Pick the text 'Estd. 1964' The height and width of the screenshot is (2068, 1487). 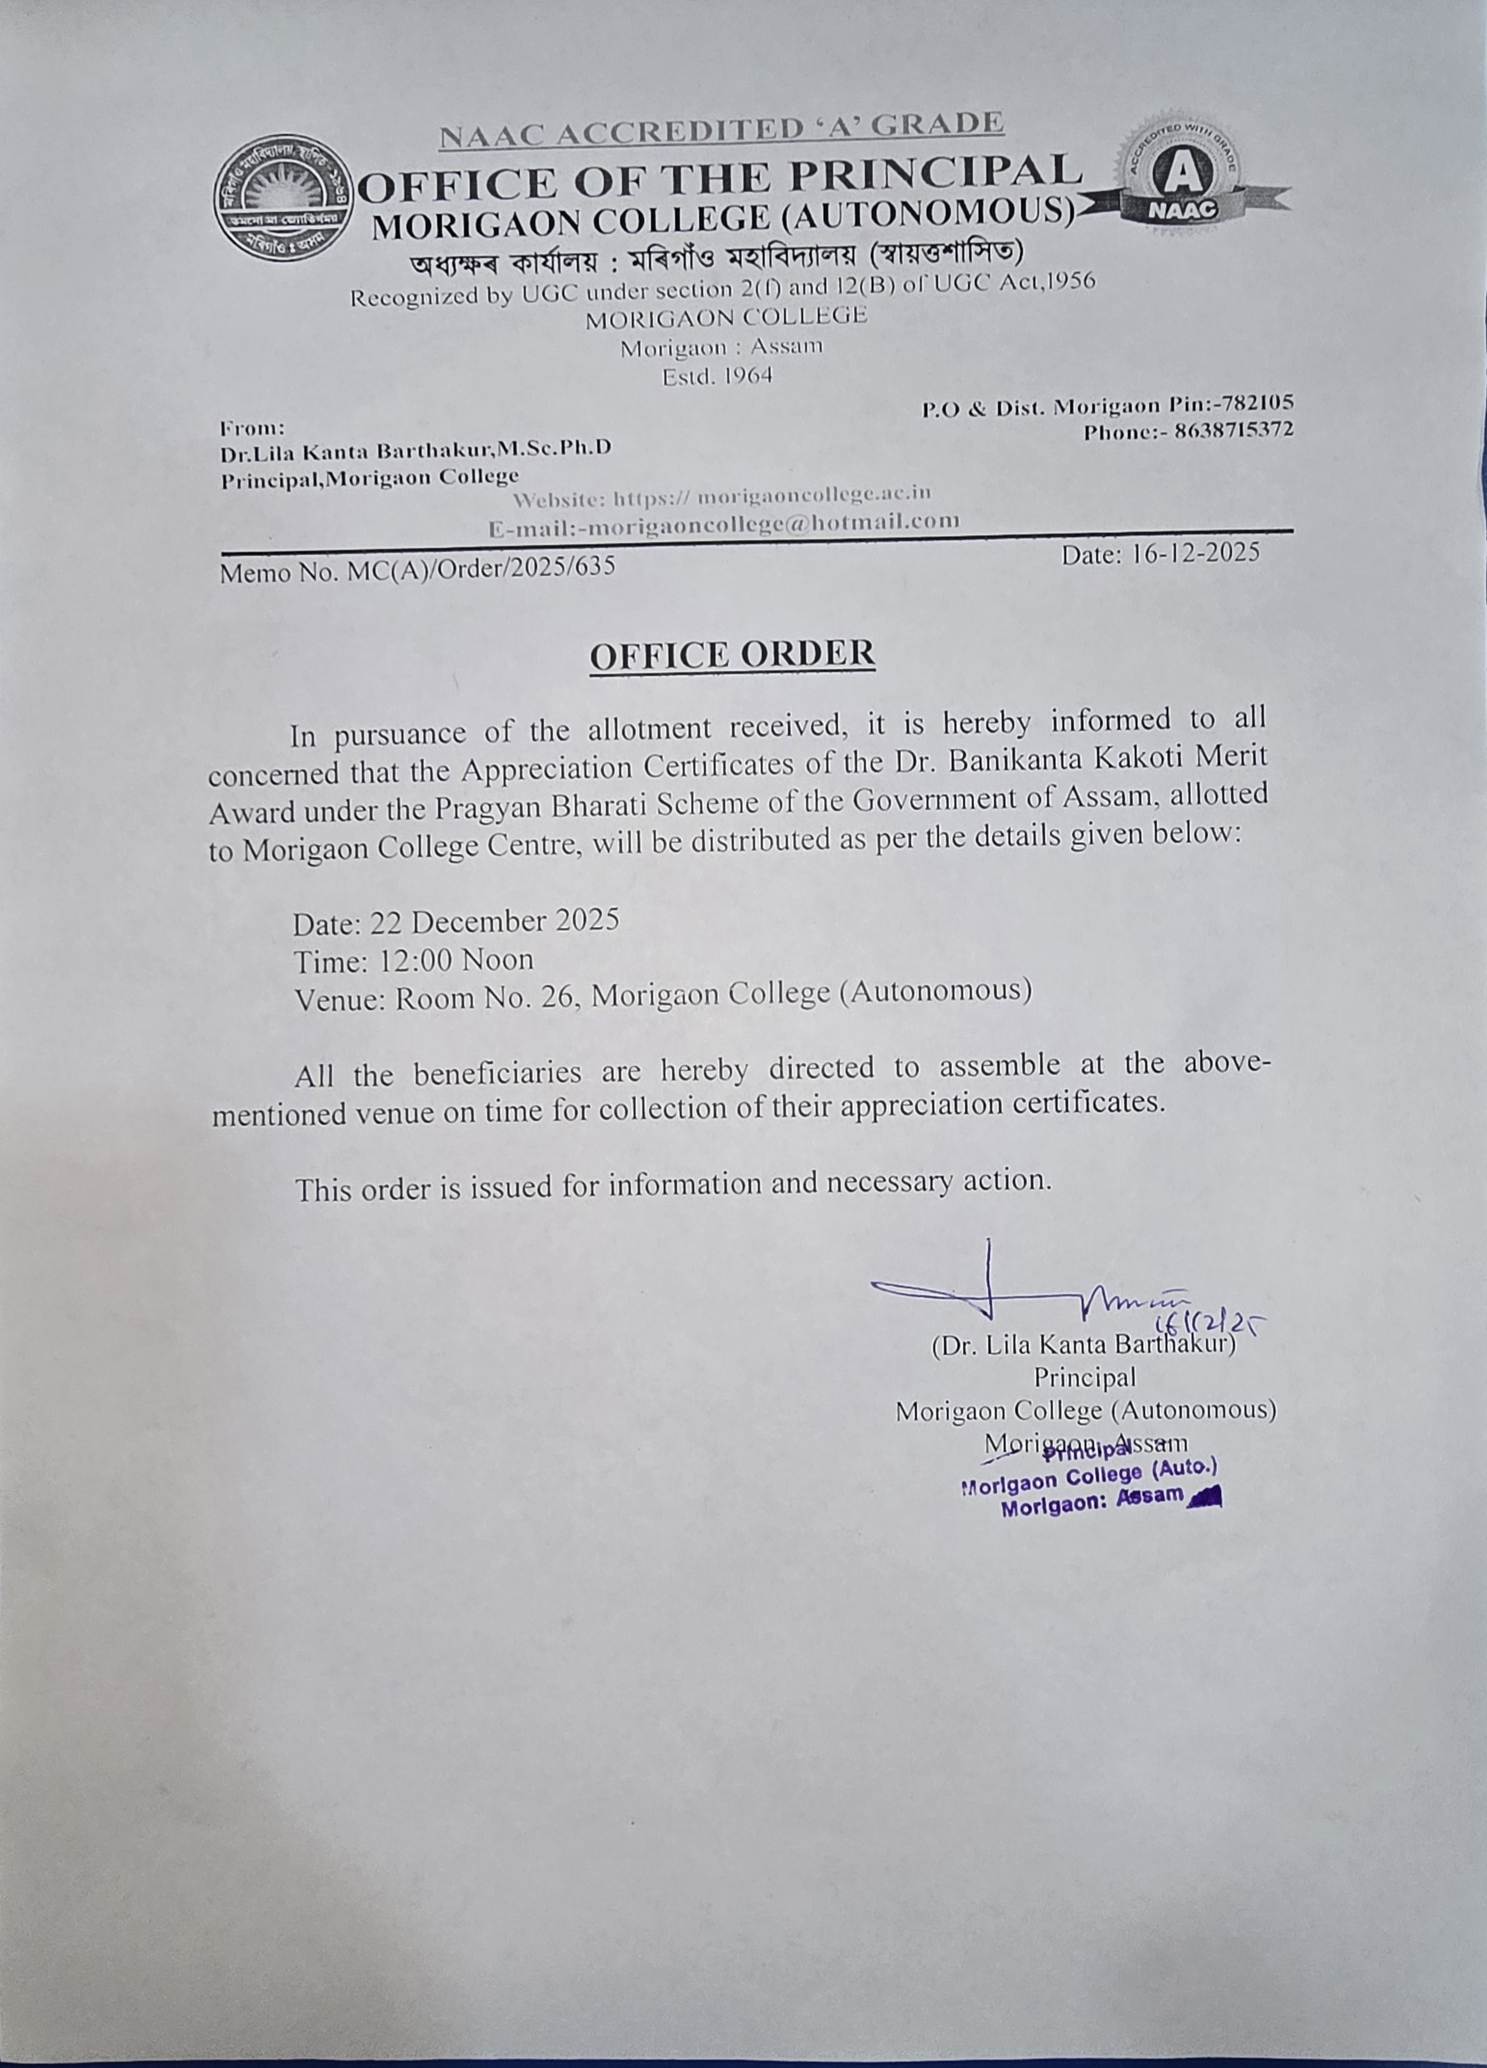[717, 375]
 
